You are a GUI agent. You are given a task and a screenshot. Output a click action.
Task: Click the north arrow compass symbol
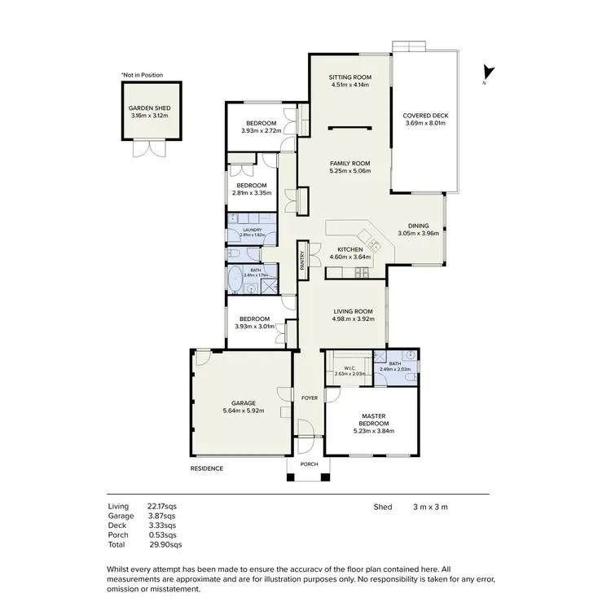click(x=486, y=74)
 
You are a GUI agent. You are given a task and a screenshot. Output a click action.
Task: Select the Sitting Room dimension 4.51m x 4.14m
click(x=350, y=85)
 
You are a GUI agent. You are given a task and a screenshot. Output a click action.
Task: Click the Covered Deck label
click(x=424, y=116)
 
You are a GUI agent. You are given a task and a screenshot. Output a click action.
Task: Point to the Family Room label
click(x=350, y=163)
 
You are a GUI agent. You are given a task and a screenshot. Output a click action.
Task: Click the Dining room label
click(x=418, y=226)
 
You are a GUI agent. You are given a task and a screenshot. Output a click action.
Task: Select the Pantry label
click(x=302, y=260)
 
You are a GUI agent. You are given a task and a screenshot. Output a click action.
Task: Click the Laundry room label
click(x=251, y=230)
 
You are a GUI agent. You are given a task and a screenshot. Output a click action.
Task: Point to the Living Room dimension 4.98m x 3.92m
click(x=353, y=319)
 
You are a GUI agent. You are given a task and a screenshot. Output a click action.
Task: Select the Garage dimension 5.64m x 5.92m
click(x=243, y=411)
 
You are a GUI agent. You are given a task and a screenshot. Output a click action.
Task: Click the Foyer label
click(x=309, y=398)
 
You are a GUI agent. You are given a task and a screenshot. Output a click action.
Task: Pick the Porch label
click(x=309, y=464)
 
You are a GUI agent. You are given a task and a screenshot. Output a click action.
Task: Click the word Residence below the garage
click(x=206, y=468)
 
